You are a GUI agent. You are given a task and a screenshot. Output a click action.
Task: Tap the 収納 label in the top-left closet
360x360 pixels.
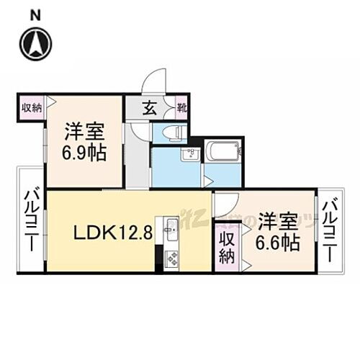tap(30, 107)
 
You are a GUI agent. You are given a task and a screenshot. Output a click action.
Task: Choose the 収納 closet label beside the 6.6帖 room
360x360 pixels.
tap(227, 246)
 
